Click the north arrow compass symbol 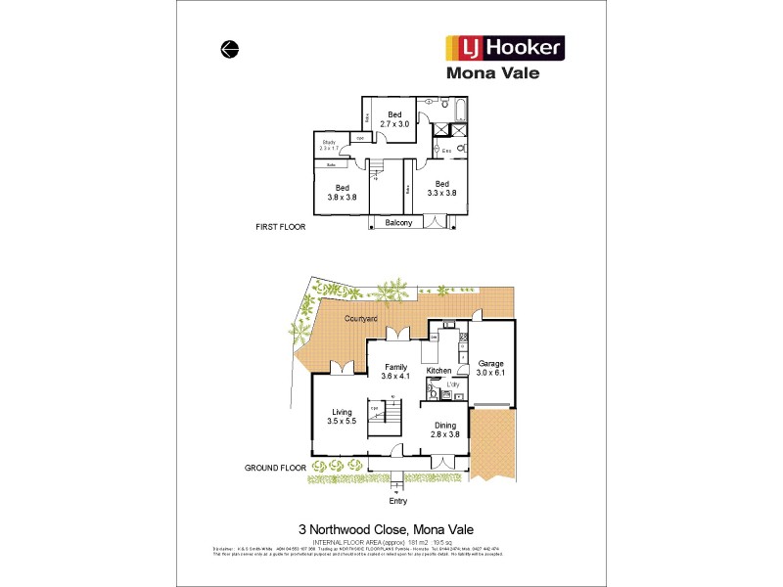[x=230, y=49]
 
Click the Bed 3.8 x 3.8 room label [x=342, y=193]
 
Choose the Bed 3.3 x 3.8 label [x=442, y=189]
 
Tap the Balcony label [x=397, y=223]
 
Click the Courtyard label [x=361, y=319]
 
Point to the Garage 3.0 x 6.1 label [x=489, y=368]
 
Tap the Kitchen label [x=438, y=371]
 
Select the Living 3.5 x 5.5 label [x=342, y=417]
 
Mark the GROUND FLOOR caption [x=275, y=469]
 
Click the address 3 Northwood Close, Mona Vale [x=392, y=526]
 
